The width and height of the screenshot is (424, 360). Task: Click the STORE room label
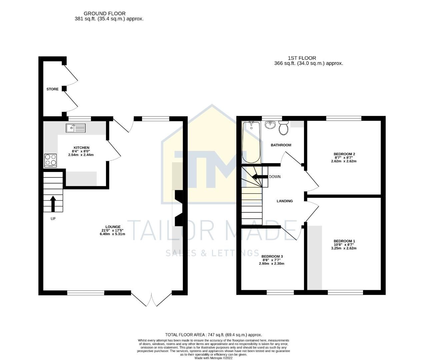[x=52, y=89]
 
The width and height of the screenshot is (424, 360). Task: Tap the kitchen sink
[x=76, y=128]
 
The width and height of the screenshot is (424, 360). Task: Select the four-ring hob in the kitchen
[x=51, y=160]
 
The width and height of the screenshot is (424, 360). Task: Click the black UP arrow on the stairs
[x=53, y=203]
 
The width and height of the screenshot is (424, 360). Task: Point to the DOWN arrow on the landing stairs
[x=260, y=177]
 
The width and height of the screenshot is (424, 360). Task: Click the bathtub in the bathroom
[x=251, y=142]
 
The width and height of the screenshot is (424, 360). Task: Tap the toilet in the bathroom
[x=284, y=128]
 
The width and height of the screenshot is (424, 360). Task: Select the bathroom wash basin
[x=270, y=125]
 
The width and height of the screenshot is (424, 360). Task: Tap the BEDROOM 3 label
[x=272, y=256]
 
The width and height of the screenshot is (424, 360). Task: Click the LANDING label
[x=285, y=201]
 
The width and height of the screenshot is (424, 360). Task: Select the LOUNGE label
[x=113, y=227]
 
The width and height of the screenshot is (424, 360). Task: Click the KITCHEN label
[x=81, y=148]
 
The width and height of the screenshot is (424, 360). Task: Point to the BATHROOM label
[x=281, y=145]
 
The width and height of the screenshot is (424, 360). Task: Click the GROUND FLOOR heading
[x=104, y=14]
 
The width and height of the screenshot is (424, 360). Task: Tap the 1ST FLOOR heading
[x=302, y=58]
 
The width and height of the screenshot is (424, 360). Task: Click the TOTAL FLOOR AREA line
[x=213, y=335]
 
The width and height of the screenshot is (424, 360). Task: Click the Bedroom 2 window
[x=344, y=118]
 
